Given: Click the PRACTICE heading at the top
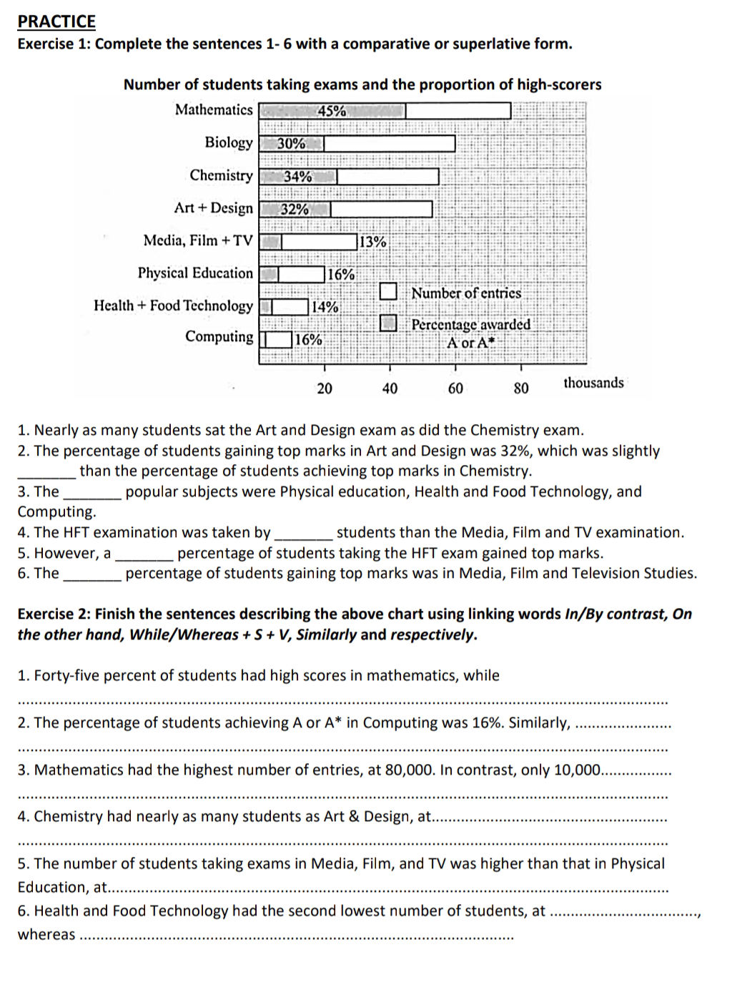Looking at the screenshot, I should pos(56,21).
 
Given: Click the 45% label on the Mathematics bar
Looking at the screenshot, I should pos(332,111).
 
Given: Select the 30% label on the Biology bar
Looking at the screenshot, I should pos(291,143).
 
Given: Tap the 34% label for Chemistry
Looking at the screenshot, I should pos(297,176).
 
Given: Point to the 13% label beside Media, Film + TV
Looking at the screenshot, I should pos(372,242).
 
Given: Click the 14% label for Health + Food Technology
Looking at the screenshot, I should pos(325,307).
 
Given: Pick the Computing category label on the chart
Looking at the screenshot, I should pos(219,337).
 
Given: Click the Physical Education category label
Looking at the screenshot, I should pos(195,273).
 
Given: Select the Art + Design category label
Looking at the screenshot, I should pos(213,208).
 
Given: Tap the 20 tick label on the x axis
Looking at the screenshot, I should pos(325,388).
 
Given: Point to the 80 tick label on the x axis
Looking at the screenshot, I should pos(521,388).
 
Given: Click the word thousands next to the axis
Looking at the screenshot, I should pos(593,383).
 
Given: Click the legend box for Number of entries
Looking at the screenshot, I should pos(388,291).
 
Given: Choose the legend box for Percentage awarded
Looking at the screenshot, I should pos(388,323).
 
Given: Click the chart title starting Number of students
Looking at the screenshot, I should pos(362,84).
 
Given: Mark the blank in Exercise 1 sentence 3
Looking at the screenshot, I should pos(92,493).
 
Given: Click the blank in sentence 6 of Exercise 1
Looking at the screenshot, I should pos(92,574).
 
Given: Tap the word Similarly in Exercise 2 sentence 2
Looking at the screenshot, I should pos(539,722).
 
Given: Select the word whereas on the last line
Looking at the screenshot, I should pos(46,934).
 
